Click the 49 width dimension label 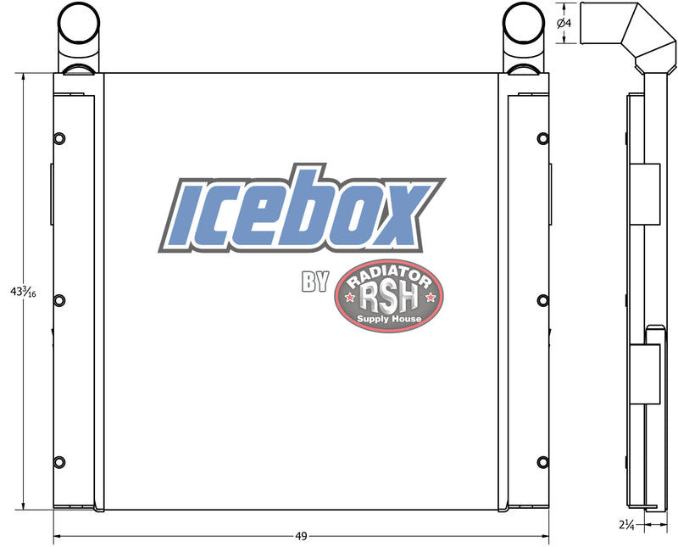coord(301,536)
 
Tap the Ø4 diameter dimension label coord(564,23)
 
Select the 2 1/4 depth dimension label coord(626,525)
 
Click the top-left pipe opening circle coord(79,23)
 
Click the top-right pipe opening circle coord(524,23)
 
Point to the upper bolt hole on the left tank coord(59,138)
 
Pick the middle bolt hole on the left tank coord(59,300)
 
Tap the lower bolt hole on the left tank coord(59,461)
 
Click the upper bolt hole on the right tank coord(543,138)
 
